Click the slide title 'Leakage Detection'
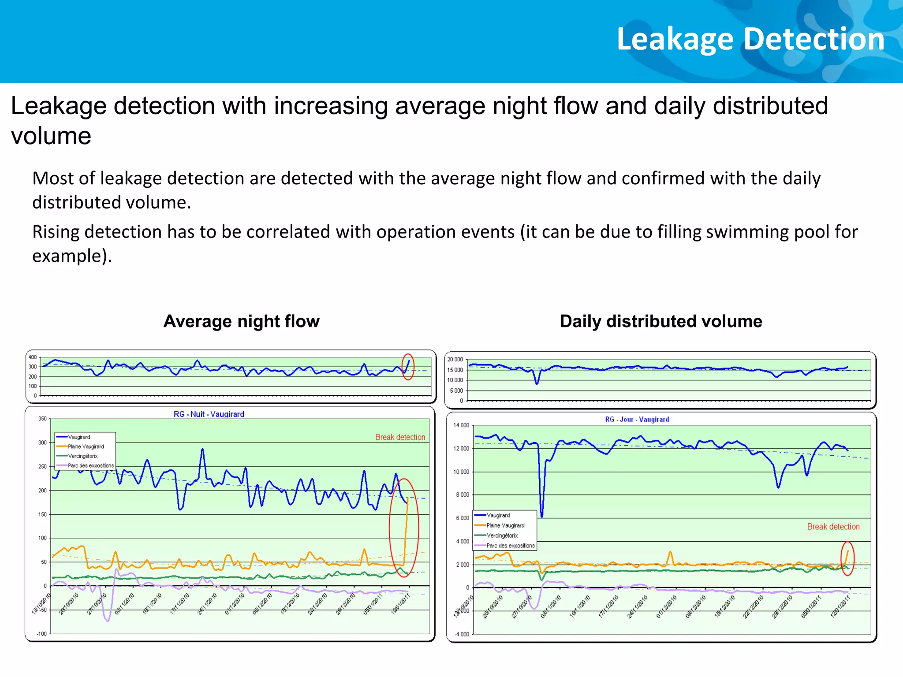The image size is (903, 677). coord(750,39)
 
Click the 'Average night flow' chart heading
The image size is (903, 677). coord(241,321)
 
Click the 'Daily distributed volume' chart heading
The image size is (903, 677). coord(660,321)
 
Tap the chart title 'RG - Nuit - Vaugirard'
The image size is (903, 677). coord(209,414)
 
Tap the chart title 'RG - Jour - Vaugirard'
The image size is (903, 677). coord(637,420)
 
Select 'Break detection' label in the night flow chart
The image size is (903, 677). coord(400,437)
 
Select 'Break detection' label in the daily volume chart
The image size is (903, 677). coord(833,527)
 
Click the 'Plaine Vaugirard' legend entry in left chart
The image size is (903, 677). coord(86,446)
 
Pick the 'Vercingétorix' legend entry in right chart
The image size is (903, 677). coord(502,536)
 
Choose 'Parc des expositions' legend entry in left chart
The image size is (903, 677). coord(90,465)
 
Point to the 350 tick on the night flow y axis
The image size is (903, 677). coord(42,419)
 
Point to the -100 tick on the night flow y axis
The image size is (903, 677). coord(41,634)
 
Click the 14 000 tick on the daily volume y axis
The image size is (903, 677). coord(461,425)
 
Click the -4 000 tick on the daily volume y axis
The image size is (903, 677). coord(462,634)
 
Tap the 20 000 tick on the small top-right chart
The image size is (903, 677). coord(455,360)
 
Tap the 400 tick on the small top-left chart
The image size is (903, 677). coord(33,357)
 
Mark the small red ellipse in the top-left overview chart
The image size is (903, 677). coord(408,367)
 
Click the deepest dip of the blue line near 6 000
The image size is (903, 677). coord(541,515)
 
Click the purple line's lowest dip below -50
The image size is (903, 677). coord(108,621)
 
